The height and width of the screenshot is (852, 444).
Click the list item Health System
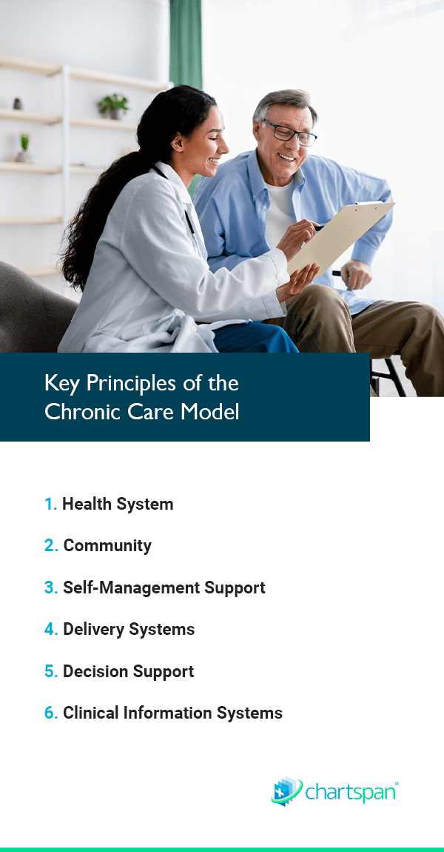pyautogui.click(x=118, y=505)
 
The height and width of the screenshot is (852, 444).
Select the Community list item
pyautogui.click(x=107, y=545)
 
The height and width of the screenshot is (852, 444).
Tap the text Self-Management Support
pyautogui.click(x=164, y=588)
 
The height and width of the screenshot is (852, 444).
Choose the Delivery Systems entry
pyautogui.click(x=129, y=629)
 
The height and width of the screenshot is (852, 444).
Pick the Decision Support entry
pyautogui.click(x=128, y=671)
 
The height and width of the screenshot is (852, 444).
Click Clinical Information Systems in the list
pyautogui.click(x=172, y=713)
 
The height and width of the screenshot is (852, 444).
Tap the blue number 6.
pyautogui.click(x=50, y=713)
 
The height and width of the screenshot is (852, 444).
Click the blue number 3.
pyautogui.click(x=50, y=588)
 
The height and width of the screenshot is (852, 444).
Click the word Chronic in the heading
pyautogui.click(x=83, y=411)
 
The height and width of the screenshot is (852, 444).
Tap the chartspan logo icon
pyautogui.click(x=286, y=791)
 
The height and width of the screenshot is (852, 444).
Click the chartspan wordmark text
pyautogui.click(x=351, y=792)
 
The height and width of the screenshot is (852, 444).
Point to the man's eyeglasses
pyautogui.click(x=290, y=132)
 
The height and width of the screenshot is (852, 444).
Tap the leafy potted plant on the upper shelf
pyautogui.click(x=113, y=105)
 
